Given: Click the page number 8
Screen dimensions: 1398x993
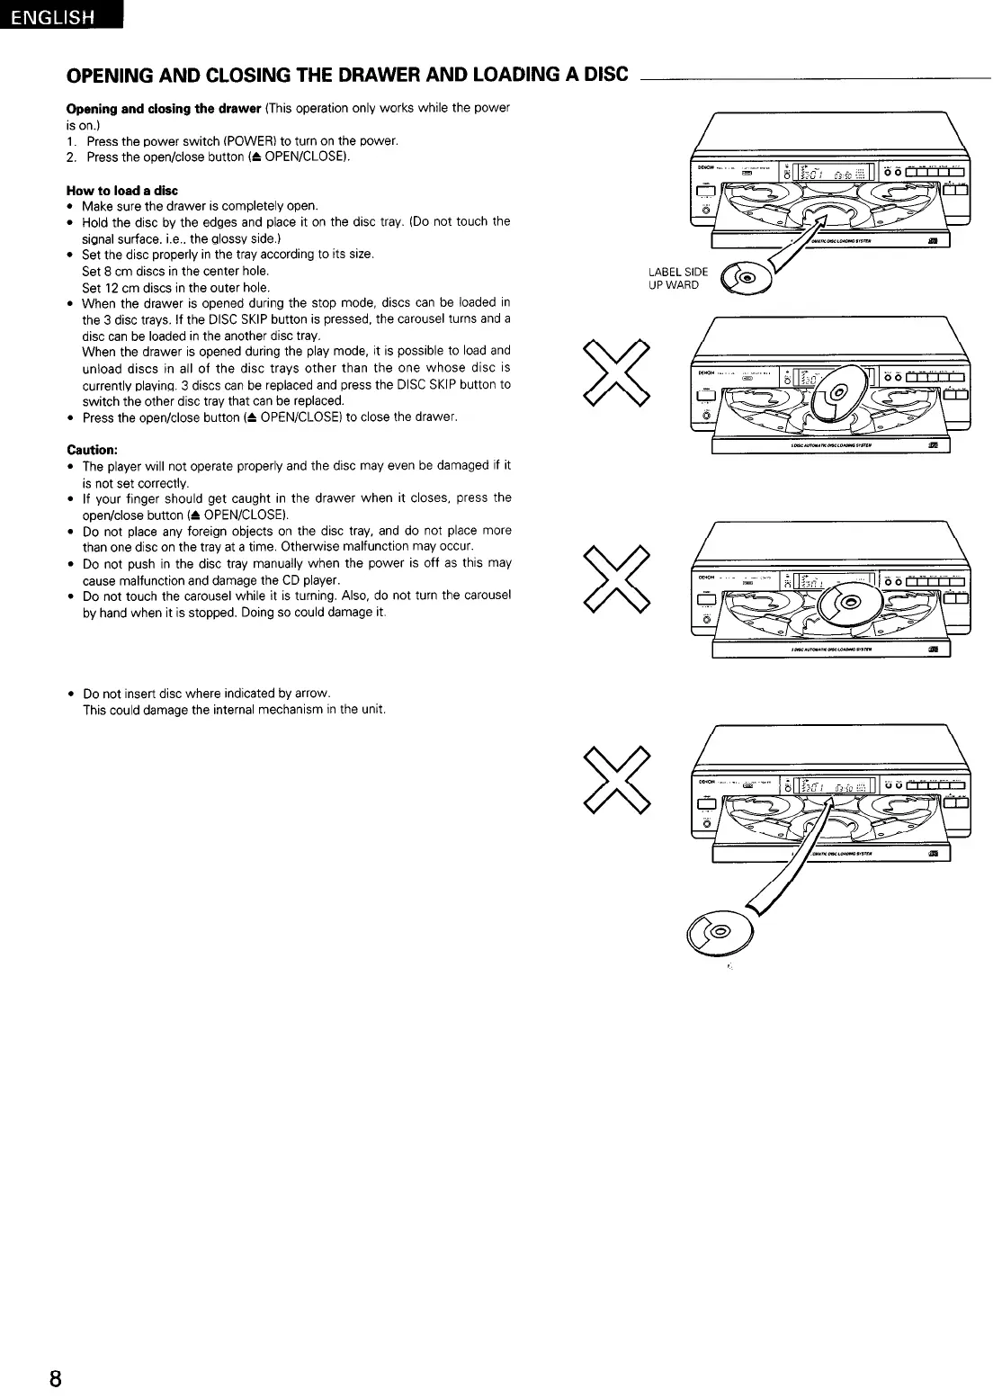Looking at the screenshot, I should (x=56, y=1379).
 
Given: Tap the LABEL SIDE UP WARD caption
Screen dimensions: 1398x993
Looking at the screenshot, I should (x=678, y=278).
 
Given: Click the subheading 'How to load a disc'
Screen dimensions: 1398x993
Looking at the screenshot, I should (x=122, y=191).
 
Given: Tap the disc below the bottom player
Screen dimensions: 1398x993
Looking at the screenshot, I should (x=720, y=927).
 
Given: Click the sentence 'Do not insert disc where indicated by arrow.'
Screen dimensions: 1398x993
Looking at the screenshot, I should (x=207, y=694).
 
